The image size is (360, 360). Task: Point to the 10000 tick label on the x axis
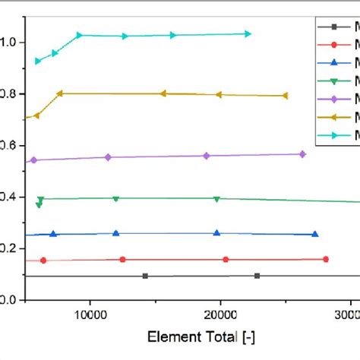click(x=90, y=313)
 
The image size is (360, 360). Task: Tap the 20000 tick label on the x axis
click(x=220, y=313)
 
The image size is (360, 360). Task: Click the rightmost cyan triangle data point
click(x=248, y=33)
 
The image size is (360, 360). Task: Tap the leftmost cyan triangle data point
click(x=38, y=61)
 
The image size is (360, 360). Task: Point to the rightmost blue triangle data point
click(x=315, y=234)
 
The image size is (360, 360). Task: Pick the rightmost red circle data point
click(x=326, y=259)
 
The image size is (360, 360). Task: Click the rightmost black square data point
click(x=257, y=276)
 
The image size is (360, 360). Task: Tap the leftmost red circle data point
click(x=43, y=261)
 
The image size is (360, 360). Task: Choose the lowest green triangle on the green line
click(x=39, y=205)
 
